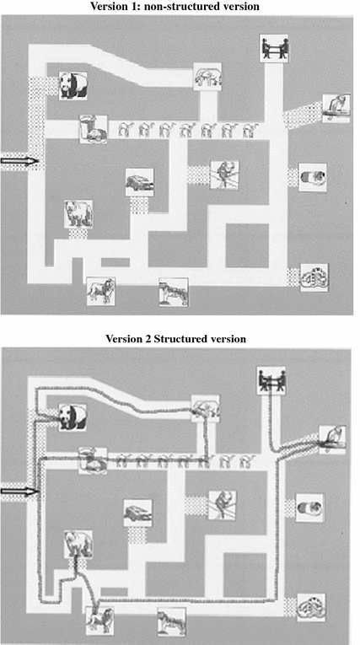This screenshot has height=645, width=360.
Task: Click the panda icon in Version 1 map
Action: pyautogui.click(x=75, y=85)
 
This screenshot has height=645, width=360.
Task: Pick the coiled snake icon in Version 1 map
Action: pyautogui.click(x=314, y=276)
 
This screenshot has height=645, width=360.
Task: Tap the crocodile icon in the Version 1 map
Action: pyautogui.click(x=139, y=181)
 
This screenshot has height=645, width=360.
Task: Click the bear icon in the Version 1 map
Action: pyautogui.click(x=78, y=214)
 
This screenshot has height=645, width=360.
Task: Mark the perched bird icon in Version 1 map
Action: pyautogui.click(x=336, y=107)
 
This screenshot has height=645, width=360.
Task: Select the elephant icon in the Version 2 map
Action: pyautogui.click(x=204, y=409)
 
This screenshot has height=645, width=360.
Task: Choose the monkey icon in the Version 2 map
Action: pyautogui.click(x=223, y=504)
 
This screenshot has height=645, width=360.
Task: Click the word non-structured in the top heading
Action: pyautogui.click(x=175, y=7)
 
